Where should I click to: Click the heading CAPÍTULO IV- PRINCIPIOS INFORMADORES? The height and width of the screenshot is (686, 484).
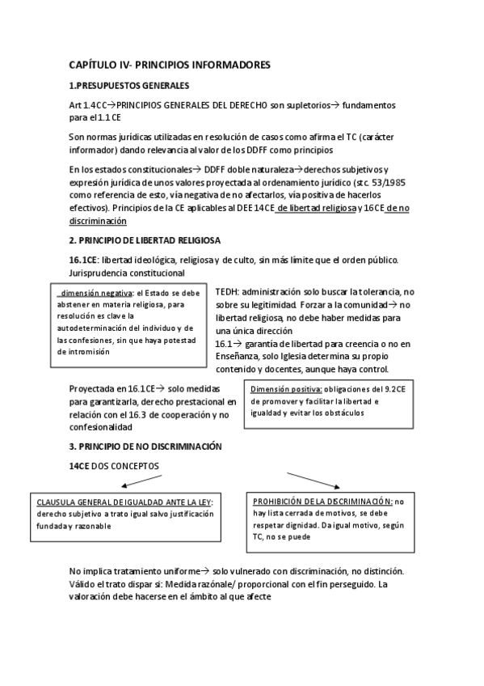[x=170, y=64]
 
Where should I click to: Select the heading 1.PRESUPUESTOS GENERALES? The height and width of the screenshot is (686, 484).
[x=129, y=85]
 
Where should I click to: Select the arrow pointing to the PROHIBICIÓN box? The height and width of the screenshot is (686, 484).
[x=312, y=479]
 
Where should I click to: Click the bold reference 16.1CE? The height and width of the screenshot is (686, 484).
[x=84, y=260]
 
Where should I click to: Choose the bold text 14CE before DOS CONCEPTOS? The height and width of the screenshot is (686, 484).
[x=82, y=466]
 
